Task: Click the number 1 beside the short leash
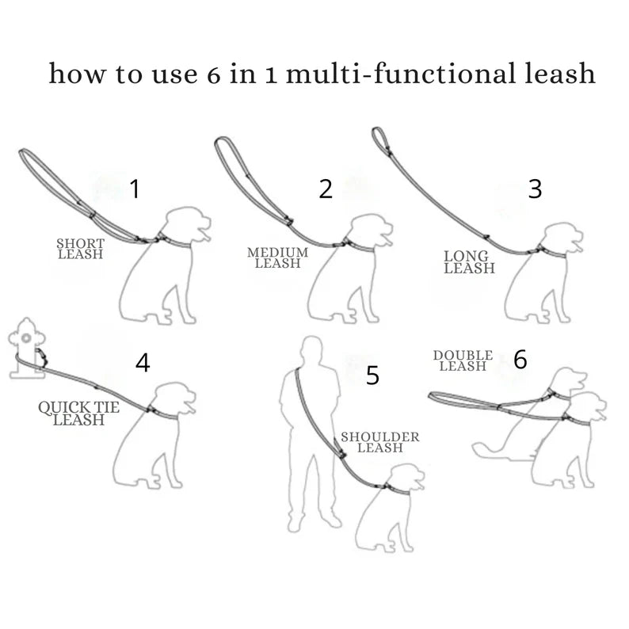(x=135, y=189)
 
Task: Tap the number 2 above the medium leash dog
(x=326, y=189)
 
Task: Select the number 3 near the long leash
(x=536, y=189)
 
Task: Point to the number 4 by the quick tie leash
(x=143, y=363)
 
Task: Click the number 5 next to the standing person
(x=372, y=375)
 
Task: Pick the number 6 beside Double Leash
(x=520, y=359)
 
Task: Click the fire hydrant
(x=27, y=349)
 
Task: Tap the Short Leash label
(x=81, y=249)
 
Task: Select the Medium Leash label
(x=277, y=258)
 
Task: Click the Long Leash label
(x=469, y=262)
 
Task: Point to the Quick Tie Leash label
(x=78, y=414)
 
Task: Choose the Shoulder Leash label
(x=380, y=442)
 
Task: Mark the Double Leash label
(x=463, y=360)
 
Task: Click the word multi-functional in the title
(x=400, y=74)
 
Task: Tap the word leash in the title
(x=560, y=73)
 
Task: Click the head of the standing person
(x=312, y=349)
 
